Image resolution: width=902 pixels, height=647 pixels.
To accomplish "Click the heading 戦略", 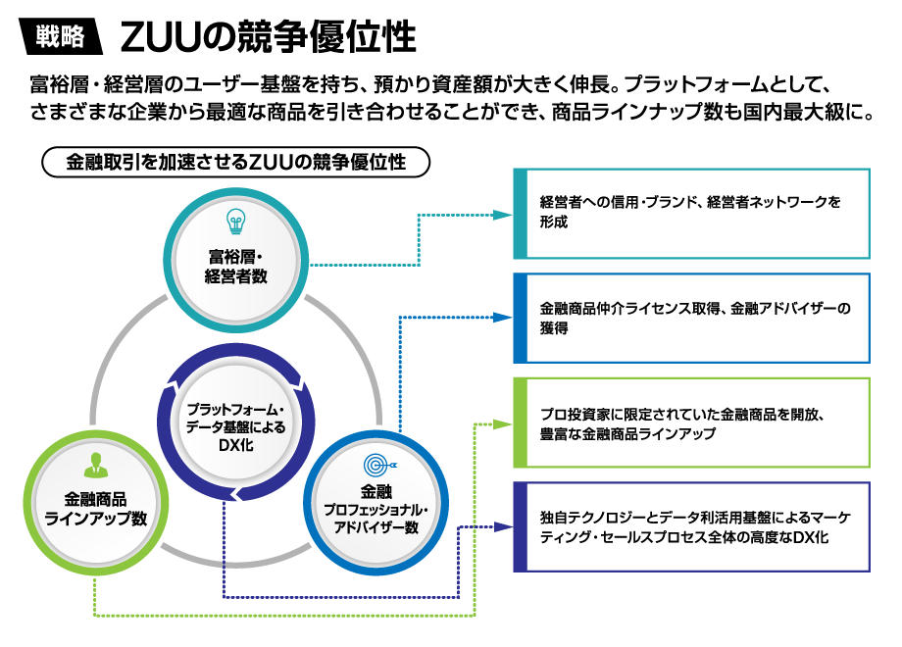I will (x=60, y=37).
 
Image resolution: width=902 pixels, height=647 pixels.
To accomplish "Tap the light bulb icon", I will (x=235, y=220).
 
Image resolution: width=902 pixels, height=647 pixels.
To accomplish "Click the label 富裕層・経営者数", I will (x=235, y=267).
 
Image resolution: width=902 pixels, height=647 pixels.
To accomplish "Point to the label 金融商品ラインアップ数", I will (x=95, y=509).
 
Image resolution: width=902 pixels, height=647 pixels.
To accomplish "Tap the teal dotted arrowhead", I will (x=506, y=214).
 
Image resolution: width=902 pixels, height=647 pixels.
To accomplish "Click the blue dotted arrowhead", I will (x=506, y=318).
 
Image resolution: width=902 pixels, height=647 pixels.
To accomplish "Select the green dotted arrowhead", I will (x=506, y=423).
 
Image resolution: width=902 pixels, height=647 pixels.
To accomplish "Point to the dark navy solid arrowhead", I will (x=506, y=526).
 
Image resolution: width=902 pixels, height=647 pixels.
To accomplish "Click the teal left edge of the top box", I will (x=520, y=214).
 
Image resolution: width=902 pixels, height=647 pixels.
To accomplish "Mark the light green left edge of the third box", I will (x=520, y=423).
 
